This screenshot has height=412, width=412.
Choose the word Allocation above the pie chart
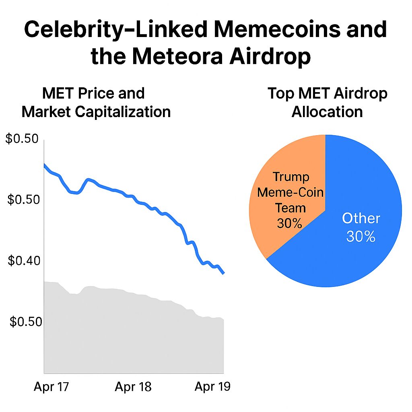click(x=327, y=111)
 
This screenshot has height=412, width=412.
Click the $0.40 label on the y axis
click(x=24, y=261)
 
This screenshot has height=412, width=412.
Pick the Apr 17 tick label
click(x=51, y=387)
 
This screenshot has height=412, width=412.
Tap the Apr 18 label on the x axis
click(x=133, y=387)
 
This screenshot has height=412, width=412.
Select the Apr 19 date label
click(x=212, y=387)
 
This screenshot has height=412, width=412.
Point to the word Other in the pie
click(x=361, y=218)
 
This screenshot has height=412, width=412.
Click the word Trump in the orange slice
click(x=291, y=177)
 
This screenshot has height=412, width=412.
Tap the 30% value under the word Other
click(x=361, y=237)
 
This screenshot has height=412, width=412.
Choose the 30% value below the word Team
click(x=289, y=222)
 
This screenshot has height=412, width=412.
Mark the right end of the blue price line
click(x=223, y=273)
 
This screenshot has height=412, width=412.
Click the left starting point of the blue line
click(x=44, y=165)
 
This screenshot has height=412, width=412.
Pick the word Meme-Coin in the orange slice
click(x=290, y=192)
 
